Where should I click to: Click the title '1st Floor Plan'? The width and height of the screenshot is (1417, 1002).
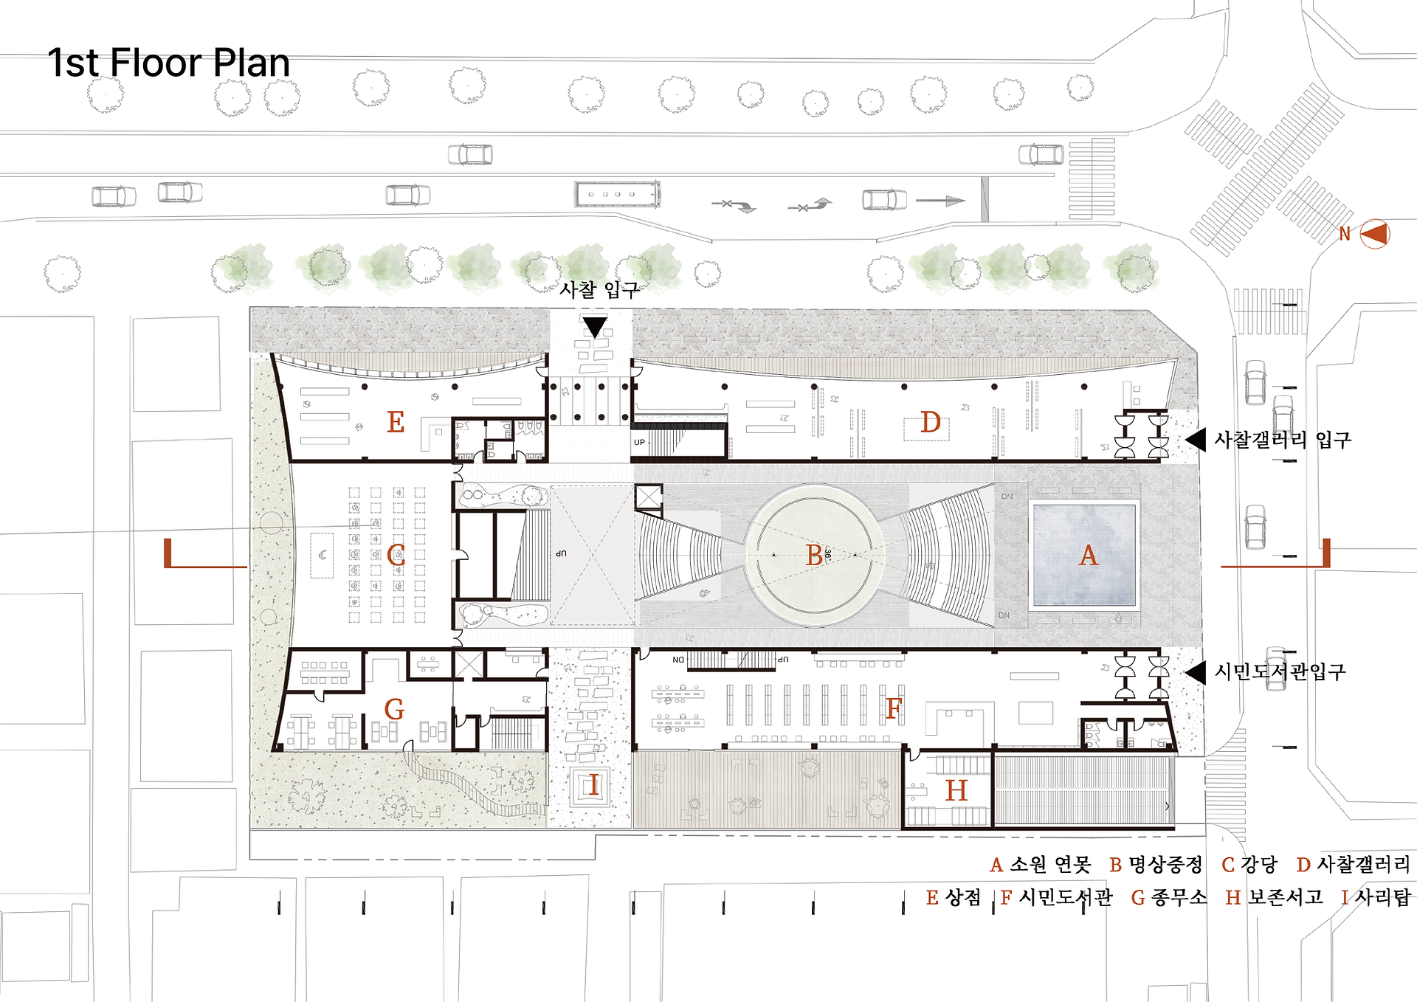(168, 63)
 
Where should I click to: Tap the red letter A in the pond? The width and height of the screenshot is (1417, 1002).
(1089, 555)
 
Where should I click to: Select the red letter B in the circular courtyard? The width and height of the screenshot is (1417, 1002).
(814, 555)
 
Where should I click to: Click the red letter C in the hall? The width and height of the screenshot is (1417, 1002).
(396, 555)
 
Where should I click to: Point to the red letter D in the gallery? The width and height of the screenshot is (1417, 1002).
(931, 423)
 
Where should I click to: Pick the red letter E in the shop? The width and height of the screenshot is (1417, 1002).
(396, 422)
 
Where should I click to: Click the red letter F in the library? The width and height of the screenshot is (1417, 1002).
(894, 708)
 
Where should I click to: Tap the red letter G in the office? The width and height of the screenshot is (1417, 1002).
(394, 709)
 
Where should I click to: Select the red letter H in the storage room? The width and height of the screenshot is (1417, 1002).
(956, 791)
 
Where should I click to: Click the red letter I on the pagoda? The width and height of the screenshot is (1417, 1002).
(594, 786)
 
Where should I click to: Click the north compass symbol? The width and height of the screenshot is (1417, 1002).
(1374, 234)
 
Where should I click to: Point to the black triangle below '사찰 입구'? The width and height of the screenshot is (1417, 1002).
(594, 327)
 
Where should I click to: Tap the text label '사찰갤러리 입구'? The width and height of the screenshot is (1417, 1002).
(1283, 440)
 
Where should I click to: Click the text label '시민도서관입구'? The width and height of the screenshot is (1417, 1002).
(1280, 671)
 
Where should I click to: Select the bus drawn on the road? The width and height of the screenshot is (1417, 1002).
(617, 194)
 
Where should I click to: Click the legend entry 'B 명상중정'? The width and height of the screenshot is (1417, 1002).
(1156, 865)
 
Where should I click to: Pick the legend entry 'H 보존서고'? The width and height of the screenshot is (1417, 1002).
(1274, 897)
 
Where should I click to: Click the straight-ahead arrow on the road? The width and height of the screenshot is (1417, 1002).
(940, 201)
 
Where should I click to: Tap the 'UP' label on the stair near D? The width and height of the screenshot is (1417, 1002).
(639, 443)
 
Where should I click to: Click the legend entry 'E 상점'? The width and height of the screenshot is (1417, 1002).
(954, 897)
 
